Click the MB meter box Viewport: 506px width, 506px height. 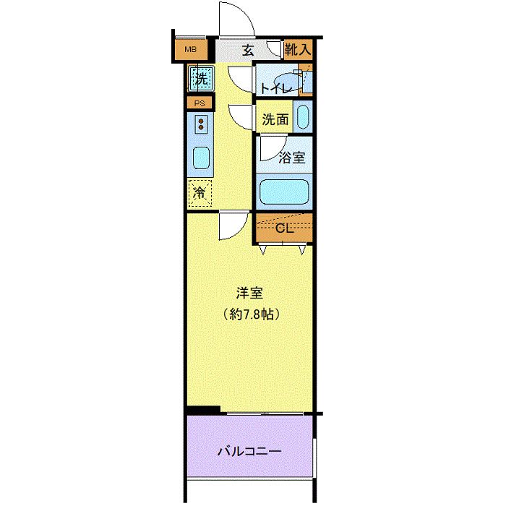point(191,49)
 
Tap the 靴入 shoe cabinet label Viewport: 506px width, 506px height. point(298,49)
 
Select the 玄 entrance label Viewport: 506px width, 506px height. point(248,50)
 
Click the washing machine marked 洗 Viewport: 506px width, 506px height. point(202,78)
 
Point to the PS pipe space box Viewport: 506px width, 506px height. point(200,103)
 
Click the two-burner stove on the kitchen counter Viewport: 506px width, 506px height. point(201,124)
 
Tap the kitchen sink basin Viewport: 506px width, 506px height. point(202,158)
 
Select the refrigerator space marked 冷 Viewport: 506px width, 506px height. point(200,193)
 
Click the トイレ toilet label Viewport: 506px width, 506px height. point(275,88)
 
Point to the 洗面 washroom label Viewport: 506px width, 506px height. point(275,119)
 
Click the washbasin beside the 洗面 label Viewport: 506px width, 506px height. point(303,117)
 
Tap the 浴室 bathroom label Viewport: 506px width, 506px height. point(292,158)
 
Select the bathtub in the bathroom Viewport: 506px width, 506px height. point(284,192)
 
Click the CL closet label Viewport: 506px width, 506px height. point(285,228)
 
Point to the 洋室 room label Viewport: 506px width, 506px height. point(250,293)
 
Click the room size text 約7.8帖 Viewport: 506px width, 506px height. point(252,314)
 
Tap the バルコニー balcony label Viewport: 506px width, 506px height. point(249,451)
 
